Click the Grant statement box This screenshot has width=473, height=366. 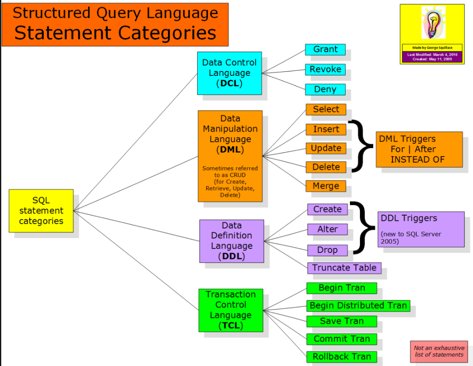[325, 50]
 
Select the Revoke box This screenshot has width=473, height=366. [325, 69]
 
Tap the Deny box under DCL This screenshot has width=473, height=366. [325, 90]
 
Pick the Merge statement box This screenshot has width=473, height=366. [326, 186]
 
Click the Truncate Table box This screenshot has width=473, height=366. [344, 268]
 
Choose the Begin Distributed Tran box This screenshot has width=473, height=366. [358, 306]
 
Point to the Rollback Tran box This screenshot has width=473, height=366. [342, 357]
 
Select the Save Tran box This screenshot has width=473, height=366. [342, 321]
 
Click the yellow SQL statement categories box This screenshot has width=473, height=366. [41, 211]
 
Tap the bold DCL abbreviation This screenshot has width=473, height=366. [229, 83]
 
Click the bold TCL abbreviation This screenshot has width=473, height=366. [231, 326]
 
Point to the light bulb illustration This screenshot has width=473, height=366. [433, 23]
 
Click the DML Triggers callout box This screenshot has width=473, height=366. [419, 149]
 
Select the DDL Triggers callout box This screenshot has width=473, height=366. [421, 230]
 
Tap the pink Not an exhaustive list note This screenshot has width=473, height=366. [439, 352]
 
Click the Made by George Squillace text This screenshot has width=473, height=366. [432, 48]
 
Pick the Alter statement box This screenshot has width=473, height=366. [327, 230]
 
